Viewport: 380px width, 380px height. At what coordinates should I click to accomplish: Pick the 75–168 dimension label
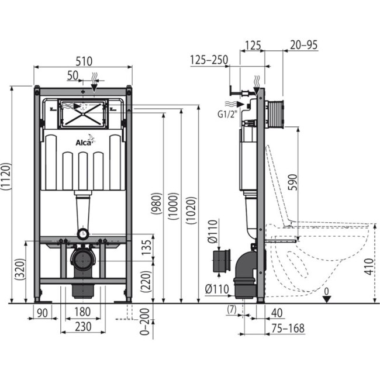click(288, 329)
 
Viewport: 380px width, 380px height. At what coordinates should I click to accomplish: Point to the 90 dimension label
click(42, 313)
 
